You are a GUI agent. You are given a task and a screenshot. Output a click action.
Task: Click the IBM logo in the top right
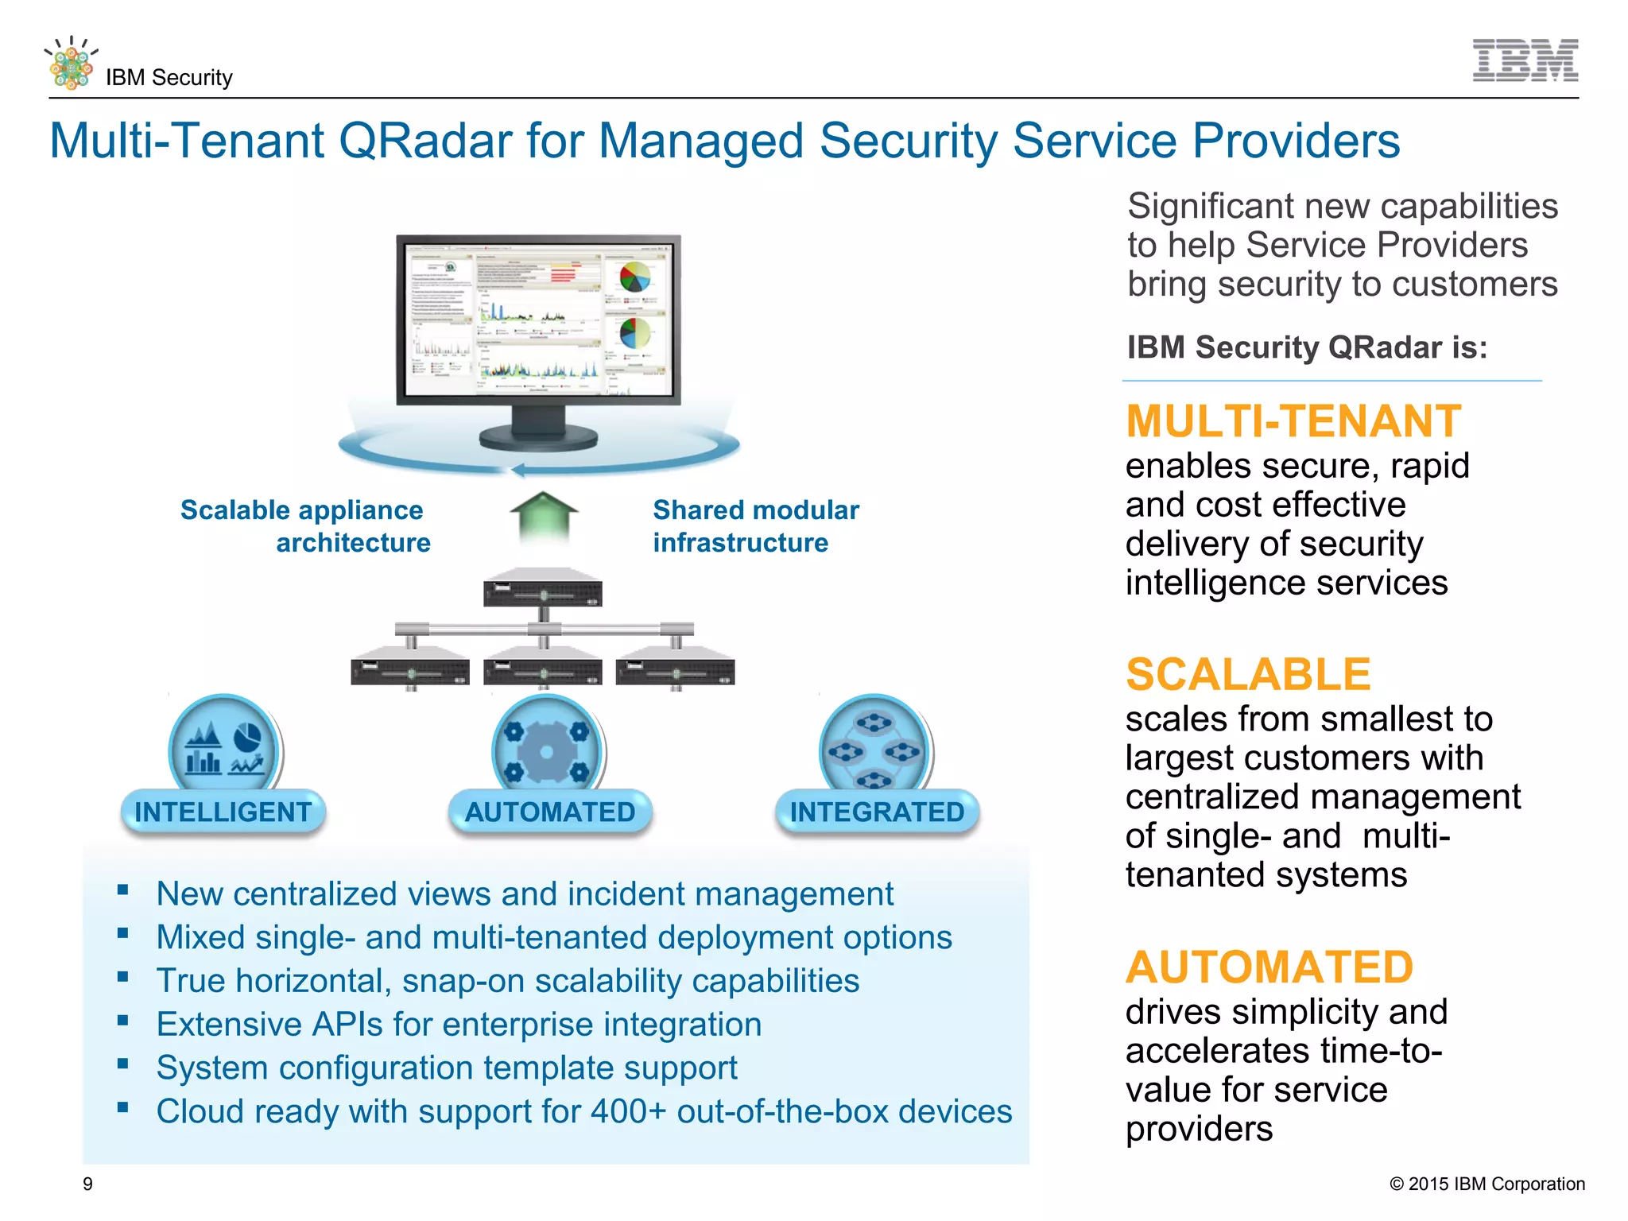pyautogui.click(x=1525, y=60)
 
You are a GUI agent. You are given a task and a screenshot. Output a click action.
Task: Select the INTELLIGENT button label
pyautogui.click(x=223, y=812)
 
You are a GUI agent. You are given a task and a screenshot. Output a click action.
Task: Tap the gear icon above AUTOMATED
pyautogui.click(x=547, y=751)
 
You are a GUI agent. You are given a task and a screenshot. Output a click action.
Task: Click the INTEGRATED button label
pyautogui.click(x=877, y=812)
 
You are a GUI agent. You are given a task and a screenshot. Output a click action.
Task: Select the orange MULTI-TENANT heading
pyautogui.click(x=1293, y=421)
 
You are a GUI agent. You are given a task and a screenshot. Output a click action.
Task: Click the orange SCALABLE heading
pyautogui.click(x=1248, y=674)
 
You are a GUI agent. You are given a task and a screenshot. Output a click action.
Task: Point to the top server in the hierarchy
pyautogui.click(x=543, y=589)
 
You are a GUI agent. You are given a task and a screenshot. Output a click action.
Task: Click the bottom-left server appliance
pyautogui.click(x=410, y=668)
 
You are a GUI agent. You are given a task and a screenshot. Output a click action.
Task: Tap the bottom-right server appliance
pyautogui.click(x=675, y=668)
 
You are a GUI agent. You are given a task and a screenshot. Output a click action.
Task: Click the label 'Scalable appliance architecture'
pyautogui.click(x=306, y=525)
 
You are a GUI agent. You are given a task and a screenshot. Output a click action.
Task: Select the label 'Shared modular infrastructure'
pyautogui.click(x=755, y=525)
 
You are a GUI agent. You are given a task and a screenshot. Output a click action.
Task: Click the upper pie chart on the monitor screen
pyautogui.click(x=634, y=277)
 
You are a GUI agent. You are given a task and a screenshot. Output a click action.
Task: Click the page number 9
pyautogui.click(x=87, y=1184)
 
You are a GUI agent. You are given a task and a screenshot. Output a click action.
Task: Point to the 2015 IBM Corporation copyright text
pyautogui.click(x=1487, y=1184)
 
